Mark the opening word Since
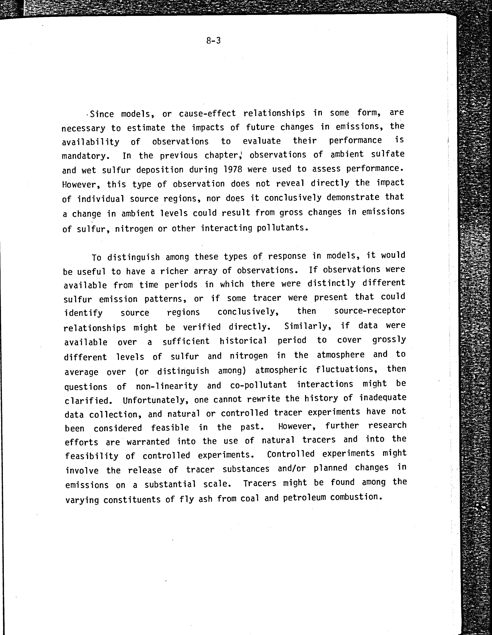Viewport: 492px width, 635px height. [x=102, y=114]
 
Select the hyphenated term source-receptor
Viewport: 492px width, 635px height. [x=369, y=311]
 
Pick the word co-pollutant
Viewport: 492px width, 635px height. [x=258, y=385]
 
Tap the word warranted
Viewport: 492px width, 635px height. [x=148, y=442]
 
